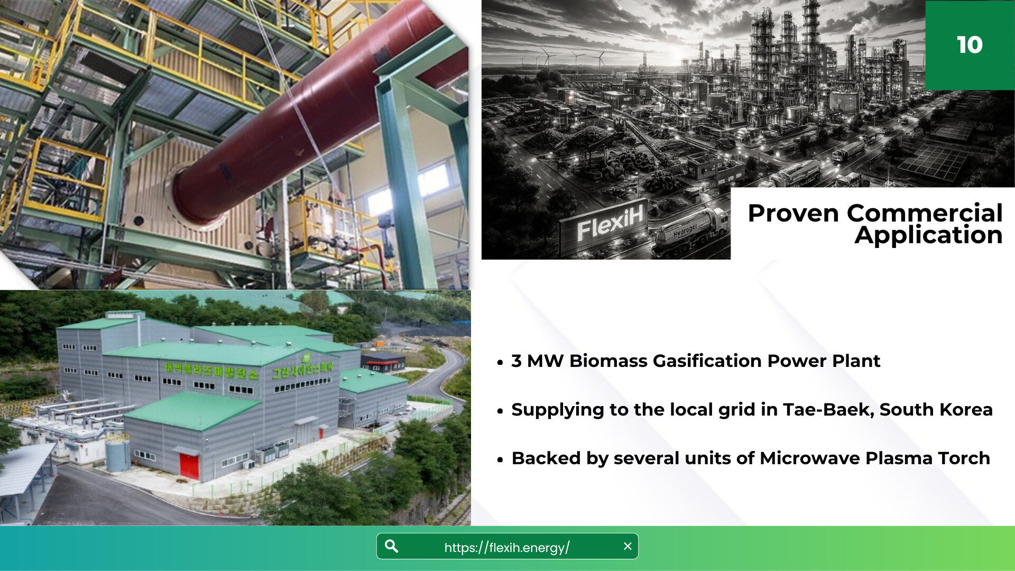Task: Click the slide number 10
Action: click(x=970, y=45)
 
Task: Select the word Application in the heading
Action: click(x=928, y=235)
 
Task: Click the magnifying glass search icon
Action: click(x=391, y=546)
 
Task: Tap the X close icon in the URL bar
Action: click(x=628, y=546)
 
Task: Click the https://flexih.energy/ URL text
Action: click(x=506, y=547)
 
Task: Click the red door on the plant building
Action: click(x=189, y=466)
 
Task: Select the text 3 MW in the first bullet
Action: click(x=537, y=361)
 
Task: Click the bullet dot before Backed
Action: click(x=500, y=460)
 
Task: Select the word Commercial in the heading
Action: click(x=925, y=213)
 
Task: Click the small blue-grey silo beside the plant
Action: click(x=117, y=453)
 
